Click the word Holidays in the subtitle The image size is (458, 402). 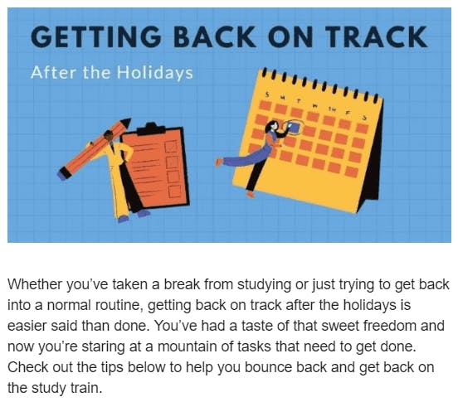tap(155, 73)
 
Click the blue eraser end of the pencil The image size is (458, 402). tap(61, 175)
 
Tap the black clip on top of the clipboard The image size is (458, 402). tap(151, 129)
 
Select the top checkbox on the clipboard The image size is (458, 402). tap(171, 147)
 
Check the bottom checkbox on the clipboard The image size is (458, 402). tap(174, 191)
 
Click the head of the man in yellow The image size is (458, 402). tap(109, 136)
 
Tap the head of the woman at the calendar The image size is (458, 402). tap(272, 126)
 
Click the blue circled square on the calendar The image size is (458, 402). tap(293, 128)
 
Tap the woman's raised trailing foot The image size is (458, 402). tap(218, 162)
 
